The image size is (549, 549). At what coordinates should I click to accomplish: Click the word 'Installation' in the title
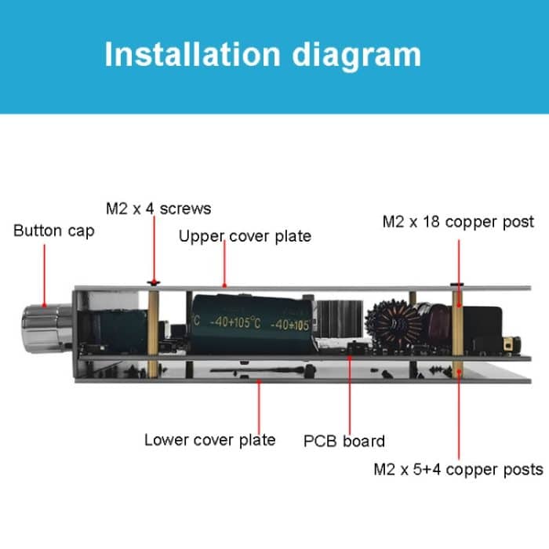(x=191, y=54)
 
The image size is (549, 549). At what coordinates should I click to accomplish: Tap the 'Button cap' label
(x=53, y=231)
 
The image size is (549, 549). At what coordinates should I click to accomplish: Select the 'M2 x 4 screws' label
(x=158, y=209)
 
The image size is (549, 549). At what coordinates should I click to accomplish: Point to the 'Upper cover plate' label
(x=245, y=236)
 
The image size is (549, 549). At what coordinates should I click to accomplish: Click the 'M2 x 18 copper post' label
(x=458, y=222)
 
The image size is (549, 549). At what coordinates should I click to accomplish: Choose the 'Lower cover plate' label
(x=209, y=439)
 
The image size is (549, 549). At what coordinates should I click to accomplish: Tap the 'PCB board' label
(x=344, y=441)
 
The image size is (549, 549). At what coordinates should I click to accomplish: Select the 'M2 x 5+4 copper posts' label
(x=458, y=469)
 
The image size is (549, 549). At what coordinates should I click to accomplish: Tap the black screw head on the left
(x=154, y=281)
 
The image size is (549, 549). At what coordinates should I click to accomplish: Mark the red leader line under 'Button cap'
(x=45, y=274)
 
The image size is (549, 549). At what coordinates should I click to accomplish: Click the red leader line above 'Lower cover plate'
(x=259, y=404)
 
